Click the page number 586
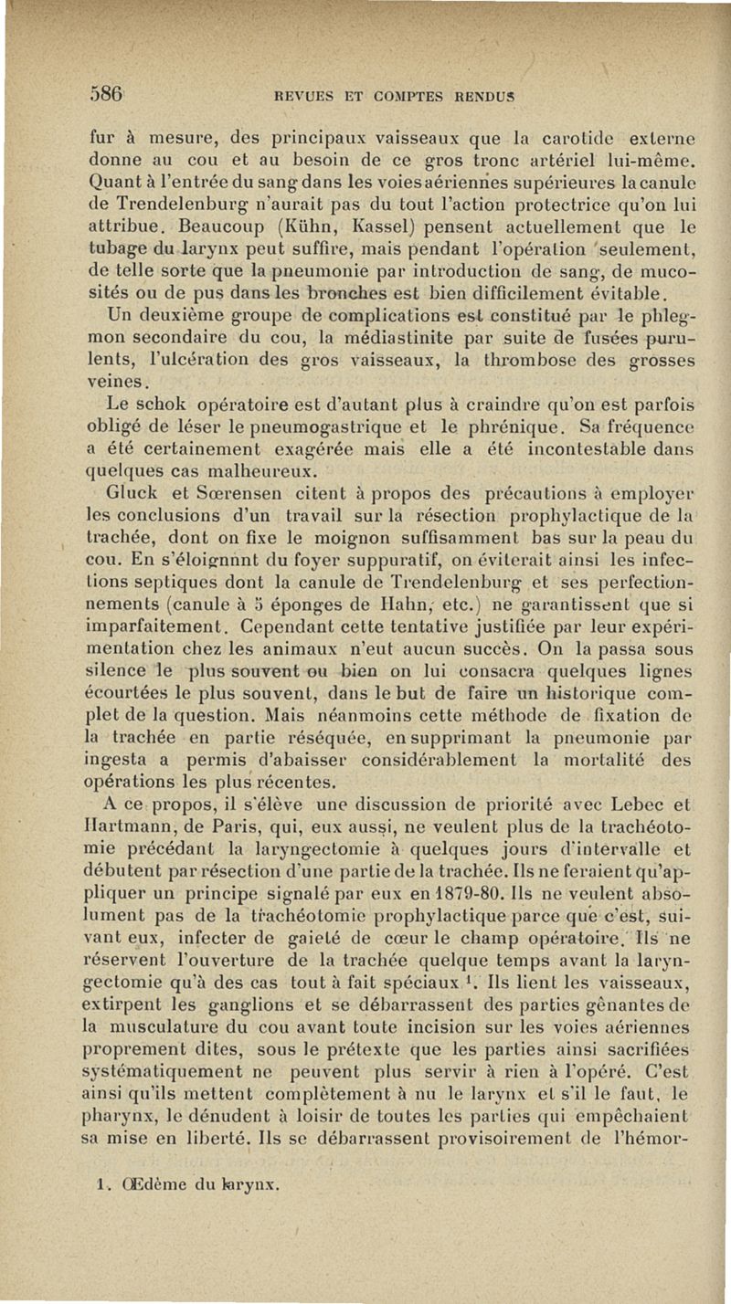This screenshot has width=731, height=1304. (107, 93)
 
